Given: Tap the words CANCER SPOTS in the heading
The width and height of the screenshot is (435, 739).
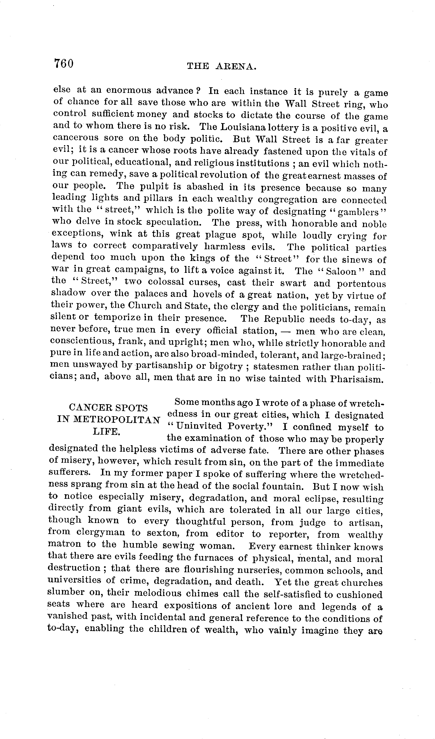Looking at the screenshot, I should pos(108,408).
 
